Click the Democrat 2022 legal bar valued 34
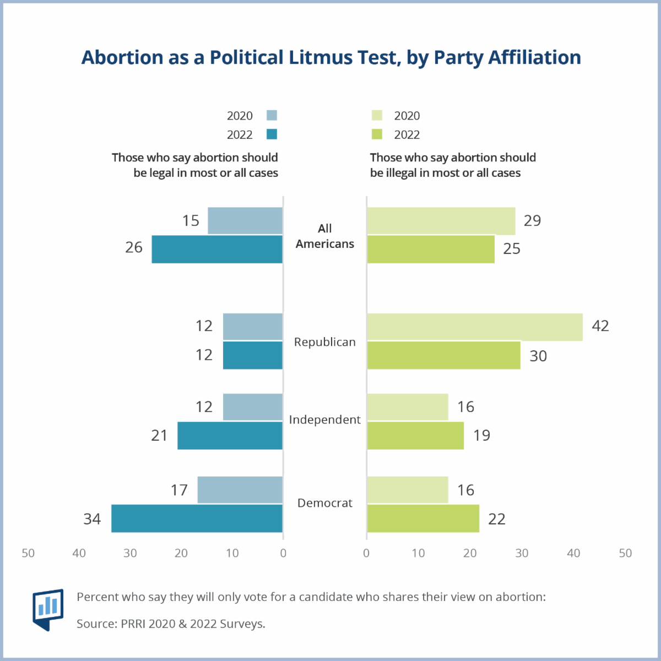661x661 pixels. (x=197, y=518)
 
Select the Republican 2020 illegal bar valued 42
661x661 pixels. (x=475, y=327)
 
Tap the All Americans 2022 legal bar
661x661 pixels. (x=217, y=249)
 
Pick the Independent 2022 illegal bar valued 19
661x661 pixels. (x=415, y=436)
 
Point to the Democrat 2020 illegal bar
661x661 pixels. (x=408, y=490)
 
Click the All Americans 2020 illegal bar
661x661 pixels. (x=441, y=221)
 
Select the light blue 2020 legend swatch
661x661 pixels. (x=272, y=115)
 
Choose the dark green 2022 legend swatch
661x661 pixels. (x=377, y=134)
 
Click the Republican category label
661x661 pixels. (x=325, y=342)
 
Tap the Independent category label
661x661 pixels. (x=325, y=420)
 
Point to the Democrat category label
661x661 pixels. (x=325, y=503)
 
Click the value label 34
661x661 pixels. (x=92, y=519)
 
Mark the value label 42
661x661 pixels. (x=600, y=326)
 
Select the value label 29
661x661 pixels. (x=532, y=221)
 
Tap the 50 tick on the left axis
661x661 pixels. (x=28, y=553)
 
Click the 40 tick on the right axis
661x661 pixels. (x=573, y=553)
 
